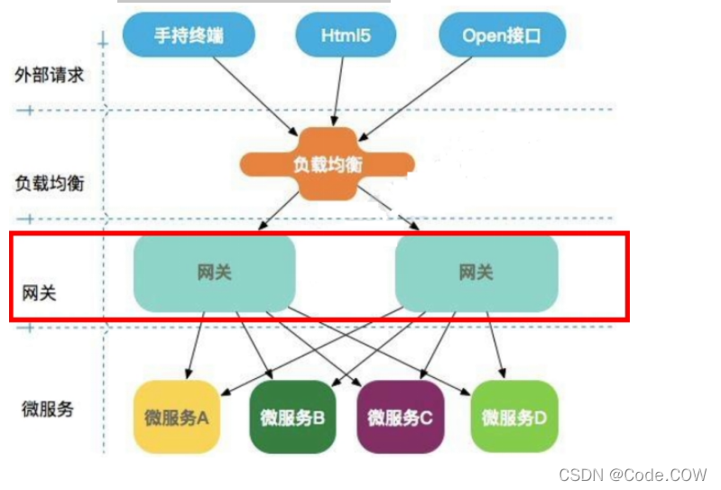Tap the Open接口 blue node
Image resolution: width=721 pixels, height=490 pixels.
tap(502, 35)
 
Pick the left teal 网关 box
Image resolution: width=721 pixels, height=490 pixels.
tap(215, 273)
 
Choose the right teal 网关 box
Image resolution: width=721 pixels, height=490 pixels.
tap(476, 273)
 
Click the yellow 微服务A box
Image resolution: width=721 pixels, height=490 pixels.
tap(177, 417)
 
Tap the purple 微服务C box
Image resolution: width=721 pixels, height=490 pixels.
tap(400, 417)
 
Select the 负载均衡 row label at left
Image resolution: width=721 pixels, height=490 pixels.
tap(49, 181)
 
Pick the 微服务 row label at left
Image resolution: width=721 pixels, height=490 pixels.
tap(47, 408)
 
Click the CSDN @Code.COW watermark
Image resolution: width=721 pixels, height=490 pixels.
tap(633, 474)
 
